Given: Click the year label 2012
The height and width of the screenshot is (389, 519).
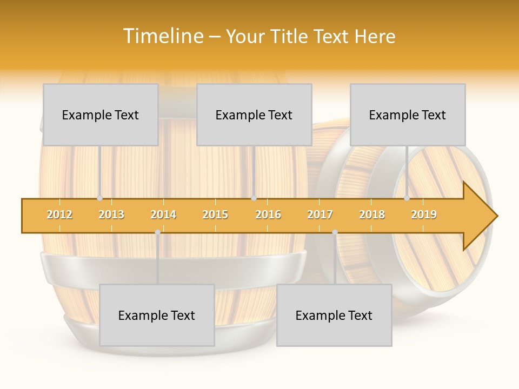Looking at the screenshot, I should tap(59, 214).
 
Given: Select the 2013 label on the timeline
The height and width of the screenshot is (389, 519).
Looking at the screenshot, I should tap(111, 214).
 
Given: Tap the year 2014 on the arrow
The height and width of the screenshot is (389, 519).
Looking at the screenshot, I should tap(163, 214).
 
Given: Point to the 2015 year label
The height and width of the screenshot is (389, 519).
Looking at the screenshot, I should tap(215, 214).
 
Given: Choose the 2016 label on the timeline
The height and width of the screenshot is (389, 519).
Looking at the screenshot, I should tap(268, 214).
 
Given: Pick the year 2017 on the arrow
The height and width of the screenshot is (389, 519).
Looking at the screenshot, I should tap(320, 214).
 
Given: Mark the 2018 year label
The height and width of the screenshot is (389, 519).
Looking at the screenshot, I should tap(372, 214).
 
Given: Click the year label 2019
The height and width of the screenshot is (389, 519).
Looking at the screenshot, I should tap(424, 214).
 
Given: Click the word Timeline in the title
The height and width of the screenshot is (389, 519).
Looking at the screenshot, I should tap(163, 36).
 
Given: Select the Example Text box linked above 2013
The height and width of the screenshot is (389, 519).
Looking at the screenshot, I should tap(101, 115).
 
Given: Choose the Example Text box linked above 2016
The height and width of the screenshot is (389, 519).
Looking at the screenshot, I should tap(254, 115).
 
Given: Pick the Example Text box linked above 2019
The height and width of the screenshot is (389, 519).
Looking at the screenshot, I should tap(408, 115).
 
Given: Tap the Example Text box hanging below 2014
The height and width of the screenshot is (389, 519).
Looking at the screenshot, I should tap(157, 315).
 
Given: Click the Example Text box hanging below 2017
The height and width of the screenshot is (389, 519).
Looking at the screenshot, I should tap(334, 315).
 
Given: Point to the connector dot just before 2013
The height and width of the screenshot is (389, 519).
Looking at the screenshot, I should tap(99, 198).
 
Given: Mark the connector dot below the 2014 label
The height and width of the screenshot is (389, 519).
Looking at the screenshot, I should tap(157, 232).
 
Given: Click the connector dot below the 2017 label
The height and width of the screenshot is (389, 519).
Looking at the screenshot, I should tap(335, 232).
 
